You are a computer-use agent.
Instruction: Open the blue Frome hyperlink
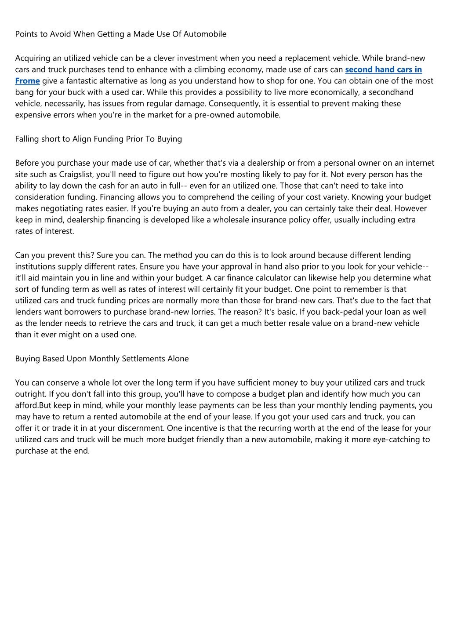tap(27, 81)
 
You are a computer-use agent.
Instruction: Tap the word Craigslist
tap(76, 174)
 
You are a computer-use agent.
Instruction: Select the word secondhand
tap(391, 92)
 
